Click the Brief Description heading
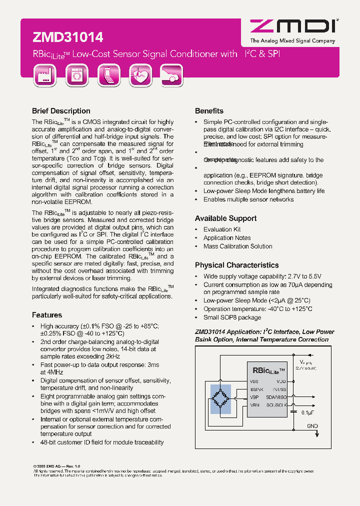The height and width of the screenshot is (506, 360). pos(61,111)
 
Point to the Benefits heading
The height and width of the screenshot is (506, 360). pos(209,111)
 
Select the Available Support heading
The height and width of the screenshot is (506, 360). pos(225,218)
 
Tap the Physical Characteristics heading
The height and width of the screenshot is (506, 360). pos(236,265)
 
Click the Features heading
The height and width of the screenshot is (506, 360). pos(47,315)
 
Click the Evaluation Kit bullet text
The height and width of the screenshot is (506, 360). pos(221,229)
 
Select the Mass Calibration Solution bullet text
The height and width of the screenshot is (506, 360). pos(237,246)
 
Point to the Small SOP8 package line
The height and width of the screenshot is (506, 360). pos(232,317)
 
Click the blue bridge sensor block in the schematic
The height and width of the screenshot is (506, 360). pos(220,399)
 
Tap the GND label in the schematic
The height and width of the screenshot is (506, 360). pos(312,426)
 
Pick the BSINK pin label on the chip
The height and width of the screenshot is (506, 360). pos(256,389)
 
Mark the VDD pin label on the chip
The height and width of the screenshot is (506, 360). pos(281,381)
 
